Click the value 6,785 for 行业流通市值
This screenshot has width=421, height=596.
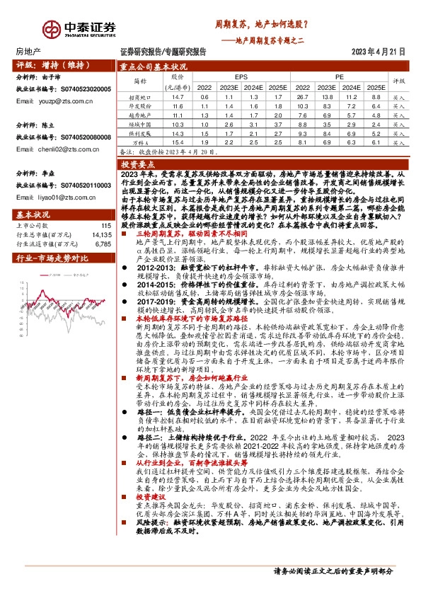(103, 244)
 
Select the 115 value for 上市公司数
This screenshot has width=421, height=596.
(107, 225)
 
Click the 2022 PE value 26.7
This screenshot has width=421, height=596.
(302, 96)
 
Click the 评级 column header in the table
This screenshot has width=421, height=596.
(398, 81)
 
